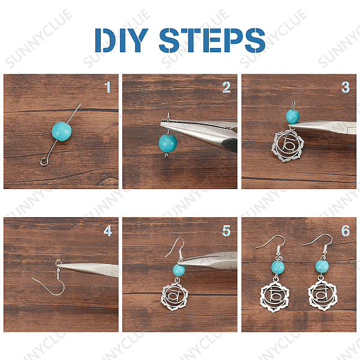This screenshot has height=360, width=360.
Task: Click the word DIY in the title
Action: tap(122, 40)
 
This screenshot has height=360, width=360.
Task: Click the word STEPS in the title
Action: tap(212, 40)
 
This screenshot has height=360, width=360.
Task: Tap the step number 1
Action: tap(107, 87)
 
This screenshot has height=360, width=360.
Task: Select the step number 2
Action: tap(226, 87)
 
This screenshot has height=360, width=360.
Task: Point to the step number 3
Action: tap(346, 87)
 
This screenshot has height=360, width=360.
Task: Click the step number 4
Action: tap(107, 231)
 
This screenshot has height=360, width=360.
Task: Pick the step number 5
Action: tap(226, 231)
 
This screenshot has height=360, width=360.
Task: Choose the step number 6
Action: tap(346, 231)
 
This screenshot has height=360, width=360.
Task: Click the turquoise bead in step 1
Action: tap(62, 131)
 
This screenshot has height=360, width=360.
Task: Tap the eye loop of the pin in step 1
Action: tap(43, 161)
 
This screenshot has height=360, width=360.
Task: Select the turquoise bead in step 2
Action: tap(168, 143)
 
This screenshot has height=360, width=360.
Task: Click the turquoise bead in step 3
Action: tap(293, 116)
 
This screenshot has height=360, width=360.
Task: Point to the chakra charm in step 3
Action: tap(287, 146)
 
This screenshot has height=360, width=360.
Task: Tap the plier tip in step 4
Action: tap(58, 266)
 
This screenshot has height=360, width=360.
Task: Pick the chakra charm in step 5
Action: tap(174, 296)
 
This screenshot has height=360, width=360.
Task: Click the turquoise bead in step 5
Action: tap(179, 270)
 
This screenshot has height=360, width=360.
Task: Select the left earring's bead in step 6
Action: tap(278, 268)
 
